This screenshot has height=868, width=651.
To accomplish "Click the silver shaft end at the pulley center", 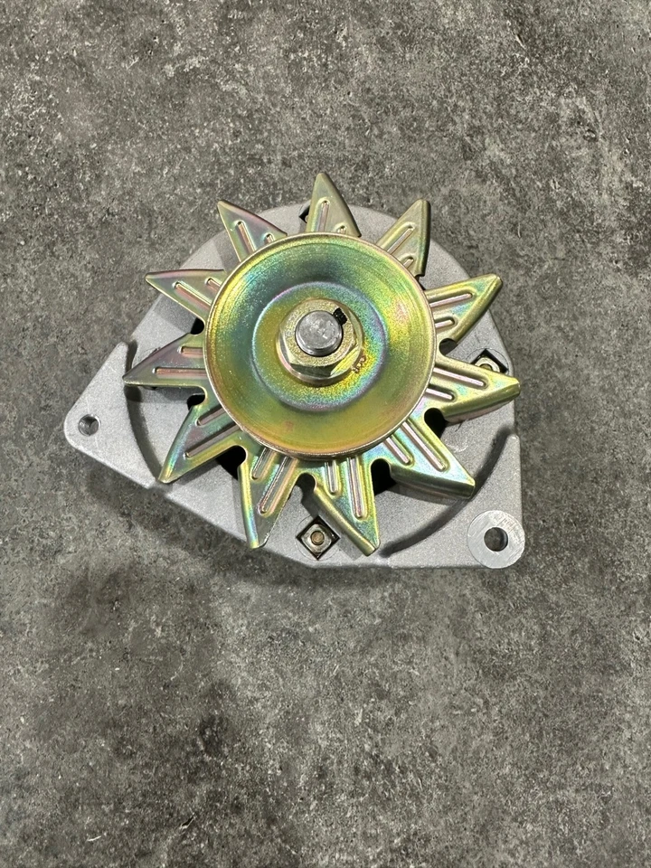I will tap(318, 333).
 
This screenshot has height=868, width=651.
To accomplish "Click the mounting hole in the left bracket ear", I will tap(88, 424).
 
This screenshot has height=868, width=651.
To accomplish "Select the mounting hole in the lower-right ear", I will tap(495, 539).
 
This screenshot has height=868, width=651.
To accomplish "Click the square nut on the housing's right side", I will tap(489, 363).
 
